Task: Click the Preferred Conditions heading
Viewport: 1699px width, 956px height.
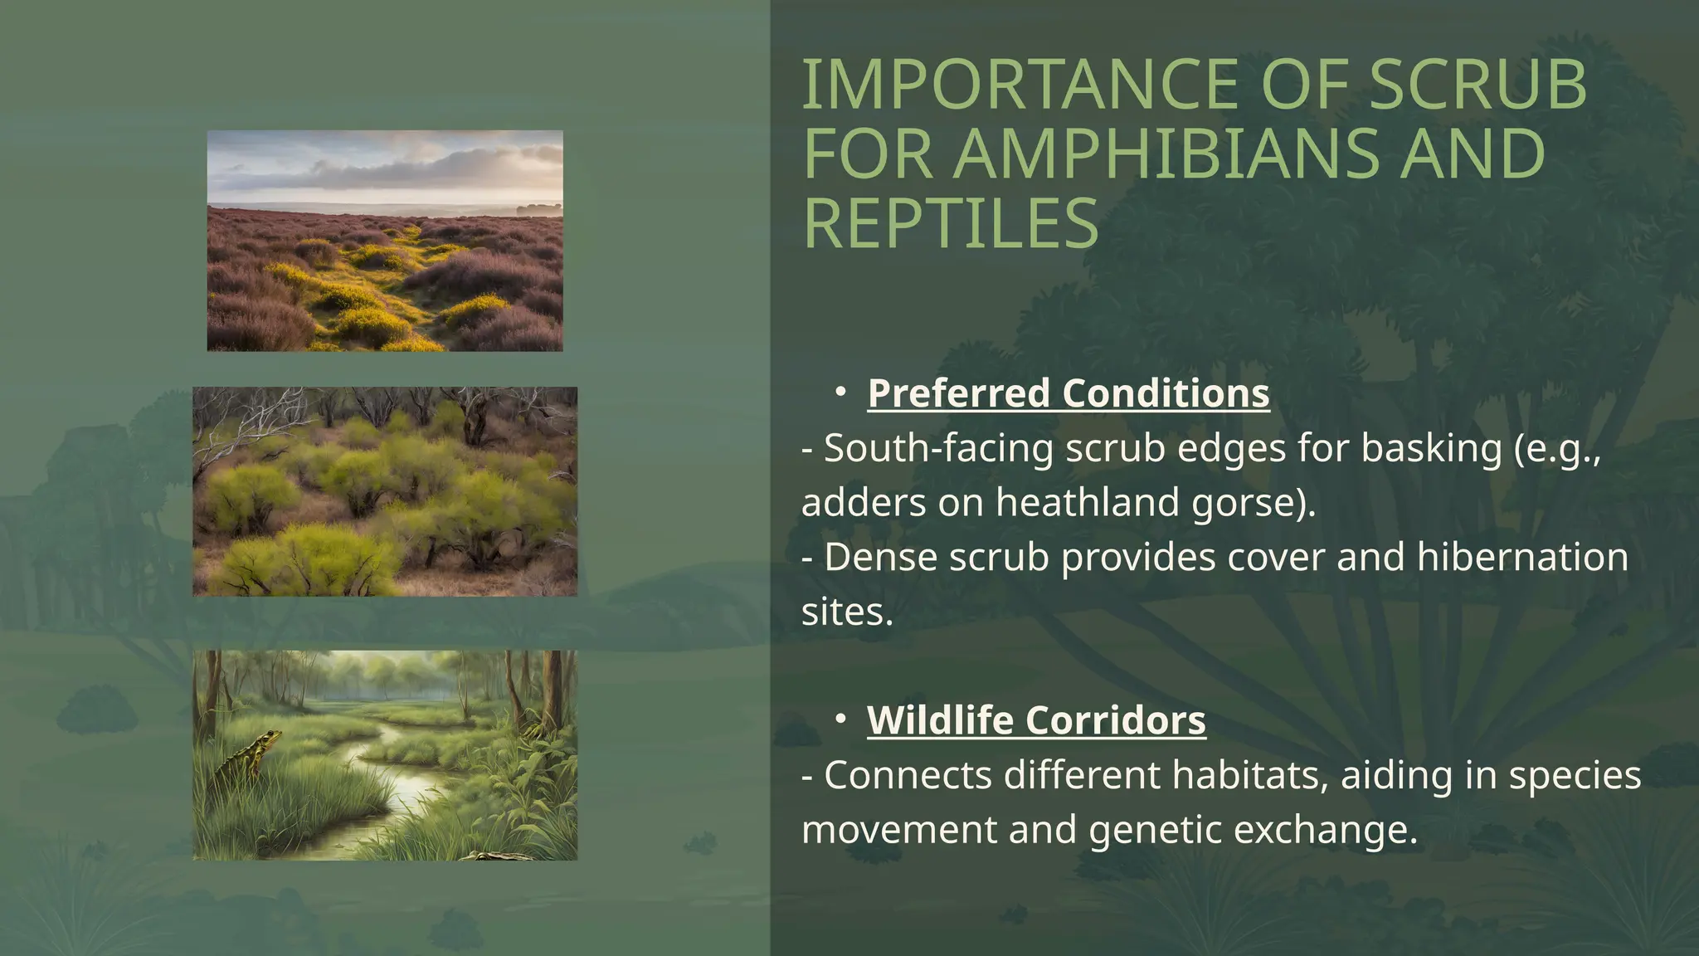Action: pyautogui.click(x=1068, y=393)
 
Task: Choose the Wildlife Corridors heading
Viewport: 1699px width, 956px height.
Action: pyautogui.click(x=1036, y=720)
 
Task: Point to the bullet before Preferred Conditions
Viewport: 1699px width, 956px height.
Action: pyautogui.click(x=840, y=392)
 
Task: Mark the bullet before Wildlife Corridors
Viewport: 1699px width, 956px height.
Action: pyautogui.click(x=840, y=719)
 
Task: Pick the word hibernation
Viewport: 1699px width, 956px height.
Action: pyautogui.click(x=1521, y=557)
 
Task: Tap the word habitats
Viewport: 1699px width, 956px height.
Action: pyautogui.click(x=1242, y=776)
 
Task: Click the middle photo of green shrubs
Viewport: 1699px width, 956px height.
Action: pyautogui.click(x=385, y=491)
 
